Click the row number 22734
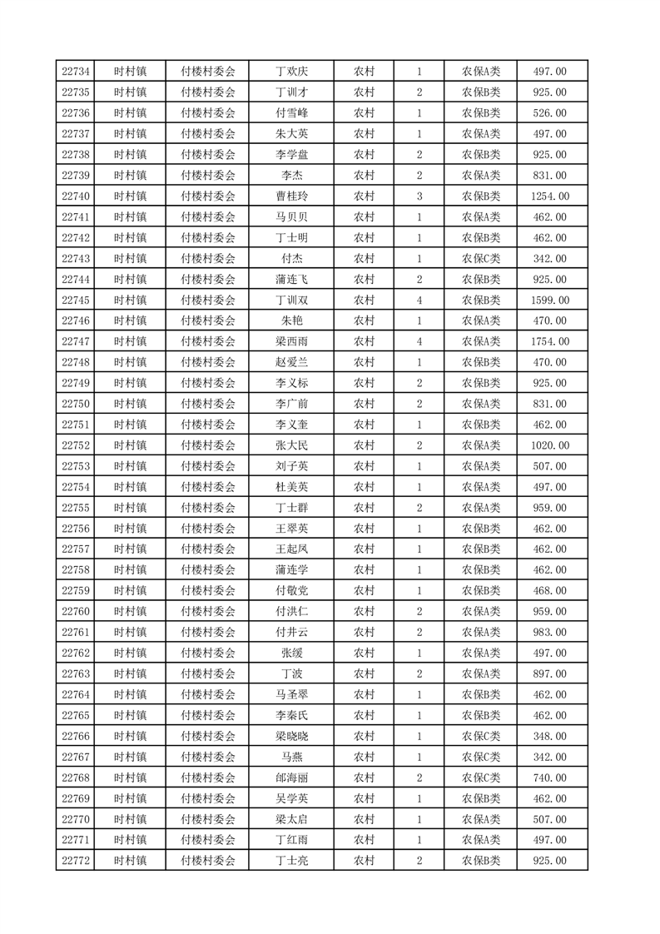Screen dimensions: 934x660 point(76,72)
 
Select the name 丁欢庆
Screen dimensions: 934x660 point(291,72)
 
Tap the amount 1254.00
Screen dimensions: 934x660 point(549,196)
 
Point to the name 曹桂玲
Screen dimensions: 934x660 point(291,196)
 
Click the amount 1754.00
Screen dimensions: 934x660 point(549,341)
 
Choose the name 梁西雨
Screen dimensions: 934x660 point(291,341)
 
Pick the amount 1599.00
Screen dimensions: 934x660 point(549,300)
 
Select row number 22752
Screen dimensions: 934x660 point(76,445)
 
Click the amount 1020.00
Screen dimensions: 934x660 point(549,445)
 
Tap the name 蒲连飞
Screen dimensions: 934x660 point(291,279)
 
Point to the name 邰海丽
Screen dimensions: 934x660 point(291,778)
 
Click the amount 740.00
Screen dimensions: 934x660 point(549,778)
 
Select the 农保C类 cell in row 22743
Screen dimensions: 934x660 point(481,259)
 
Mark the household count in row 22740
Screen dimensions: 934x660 point(419,196)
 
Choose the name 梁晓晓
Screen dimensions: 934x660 point(291,736)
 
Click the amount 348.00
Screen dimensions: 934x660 point(549,736)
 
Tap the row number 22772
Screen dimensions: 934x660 point(76,861)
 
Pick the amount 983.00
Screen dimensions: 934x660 point(549,632)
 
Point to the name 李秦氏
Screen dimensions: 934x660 point(291,715)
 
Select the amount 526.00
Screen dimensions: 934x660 point(549,113)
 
